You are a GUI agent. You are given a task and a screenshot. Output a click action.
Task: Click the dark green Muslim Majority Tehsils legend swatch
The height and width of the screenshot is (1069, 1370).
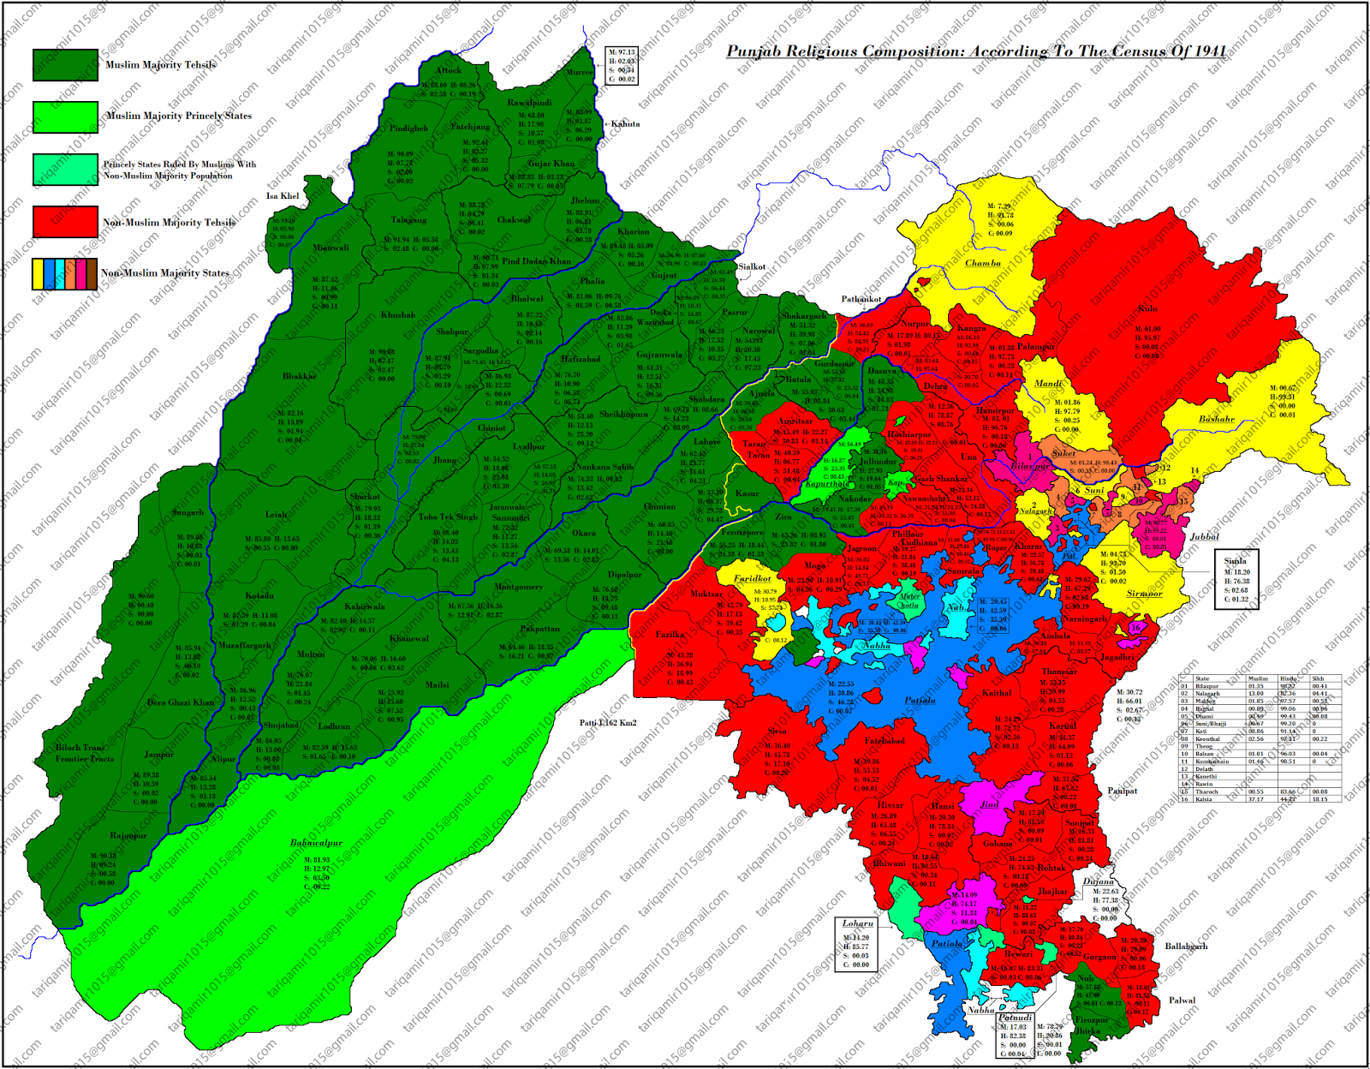pos(65,64)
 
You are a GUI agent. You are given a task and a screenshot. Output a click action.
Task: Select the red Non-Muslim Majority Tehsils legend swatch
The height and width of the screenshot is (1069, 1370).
pos(65,222)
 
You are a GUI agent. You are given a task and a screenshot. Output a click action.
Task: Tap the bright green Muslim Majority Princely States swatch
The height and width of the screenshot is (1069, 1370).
pos(65,116)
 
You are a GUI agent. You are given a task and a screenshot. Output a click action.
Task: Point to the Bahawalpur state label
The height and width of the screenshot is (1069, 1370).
pos(316,843)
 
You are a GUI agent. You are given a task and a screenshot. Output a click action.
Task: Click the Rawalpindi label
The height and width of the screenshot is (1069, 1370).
pos(529,103)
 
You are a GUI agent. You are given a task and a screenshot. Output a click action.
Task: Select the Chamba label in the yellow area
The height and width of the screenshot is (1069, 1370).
pos(983,263)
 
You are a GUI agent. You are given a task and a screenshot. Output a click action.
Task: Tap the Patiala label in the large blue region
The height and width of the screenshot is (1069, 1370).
pos(920,701)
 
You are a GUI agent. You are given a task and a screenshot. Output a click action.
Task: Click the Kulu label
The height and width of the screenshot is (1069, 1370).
pos(1147,308)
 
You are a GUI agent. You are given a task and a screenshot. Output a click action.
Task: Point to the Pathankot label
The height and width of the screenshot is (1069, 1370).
pos(861,299)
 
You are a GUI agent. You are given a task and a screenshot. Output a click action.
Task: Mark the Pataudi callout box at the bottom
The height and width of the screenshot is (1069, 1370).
pos(1015,1036)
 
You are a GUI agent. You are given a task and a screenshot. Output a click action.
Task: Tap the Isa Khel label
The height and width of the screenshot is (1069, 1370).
pos(283,196)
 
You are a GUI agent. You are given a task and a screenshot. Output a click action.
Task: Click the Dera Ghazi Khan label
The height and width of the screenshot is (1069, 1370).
pos(181,702)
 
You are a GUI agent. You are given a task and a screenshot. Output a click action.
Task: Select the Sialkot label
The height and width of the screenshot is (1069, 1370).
pos(752,266)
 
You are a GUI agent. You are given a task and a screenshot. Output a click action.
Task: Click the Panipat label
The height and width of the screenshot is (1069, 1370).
pos(1123,791)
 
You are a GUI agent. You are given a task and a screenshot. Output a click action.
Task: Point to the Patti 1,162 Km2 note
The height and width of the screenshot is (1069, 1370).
pos(608,723)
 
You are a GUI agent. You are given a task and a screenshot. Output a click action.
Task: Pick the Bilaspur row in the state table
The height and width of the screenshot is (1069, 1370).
pos(1259,686)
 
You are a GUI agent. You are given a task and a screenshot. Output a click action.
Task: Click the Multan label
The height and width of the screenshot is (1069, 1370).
pos(311,654)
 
